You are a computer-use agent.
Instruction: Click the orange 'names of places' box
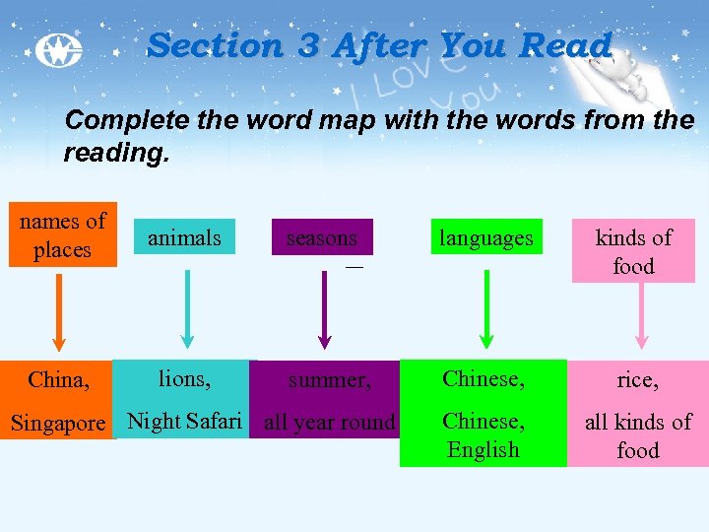coord(62,235)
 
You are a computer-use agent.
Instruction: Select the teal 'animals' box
coord(184,237)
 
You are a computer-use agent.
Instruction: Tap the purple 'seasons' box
coord(322,237)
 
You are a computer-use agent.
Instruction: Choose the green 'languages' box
coord(485,237)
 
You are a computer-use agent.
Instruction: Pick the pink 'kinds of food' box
coord(633,251)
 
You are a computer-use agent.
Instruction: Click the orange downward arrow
coord(59,310)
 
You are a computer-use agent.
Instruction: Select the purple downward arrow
coord(325,310)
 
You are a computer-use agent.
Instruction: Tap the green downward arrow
coord(483,310)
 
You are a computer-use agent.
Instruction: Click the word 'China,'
coord(59,379)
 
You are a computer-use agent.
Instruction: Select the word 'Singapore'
coord(57,424)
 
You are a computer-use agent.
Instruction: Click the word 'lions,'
coord(184,377)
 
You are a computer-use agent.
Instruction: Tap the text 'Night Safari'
coord(184,422)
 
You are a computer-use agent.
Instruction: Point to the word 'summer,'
coord(329,379)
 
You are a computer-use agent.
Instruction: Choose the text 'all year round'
coord(329,424)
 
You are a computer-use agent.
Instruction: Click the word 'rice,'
coord(637,379)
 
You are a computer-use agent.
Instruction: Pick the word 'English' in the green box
coord(483,450)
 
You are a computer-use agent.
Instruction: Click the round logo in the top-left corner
coord(57,51)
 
